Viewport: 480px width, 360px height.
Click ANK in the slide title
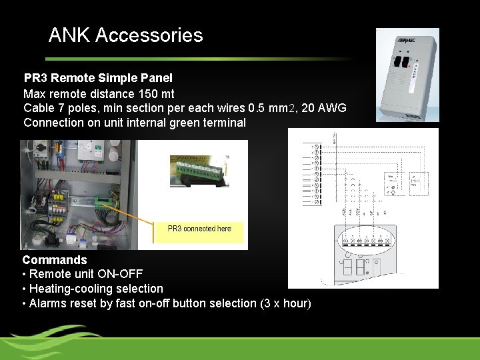click(70, 35)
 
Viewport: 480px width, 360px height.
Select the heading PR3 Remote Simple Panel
click(98, 78)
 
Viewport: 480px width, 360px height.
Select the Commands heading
click(55, 260)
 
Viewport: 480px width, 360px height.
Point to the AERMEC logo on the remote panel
click(406, 40)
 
